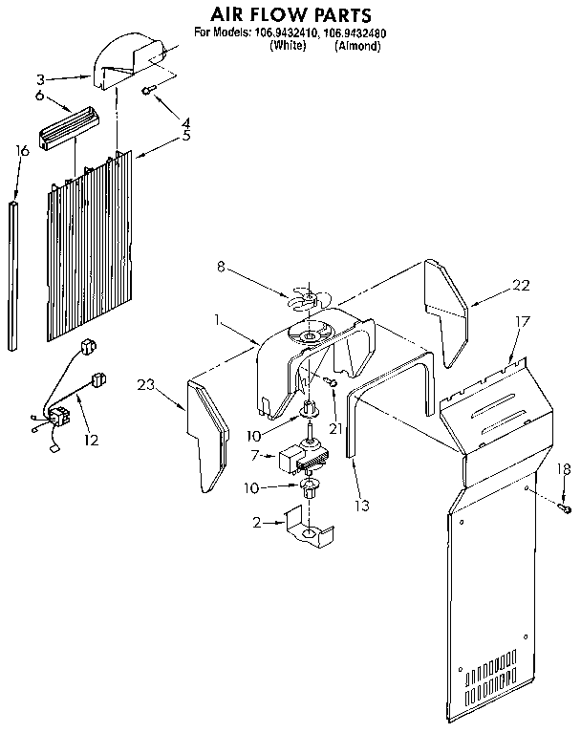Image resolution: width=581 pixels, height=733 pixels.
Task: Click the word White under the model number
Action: [x=288, y=46]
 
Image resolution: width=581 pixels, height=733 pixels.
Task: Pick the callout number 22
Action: [x=520, y=284]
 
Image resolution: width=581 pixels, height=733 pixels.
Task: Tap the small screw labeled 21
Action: [x=329, y=382]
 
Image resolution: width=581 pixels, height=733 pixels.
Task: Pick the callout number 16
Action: [x=23, y=151]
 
